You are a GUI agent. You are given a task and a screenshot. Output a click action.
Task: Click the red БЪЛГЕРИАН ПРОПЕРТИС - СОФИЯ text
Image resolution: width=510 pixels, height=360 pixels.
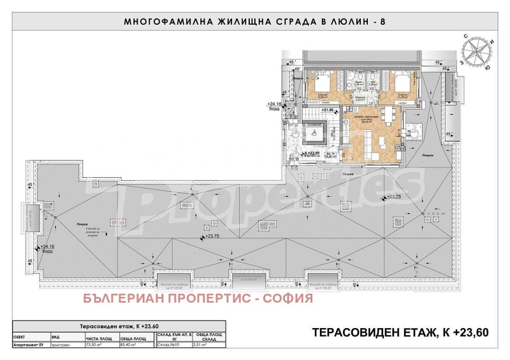click(199, 298)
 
